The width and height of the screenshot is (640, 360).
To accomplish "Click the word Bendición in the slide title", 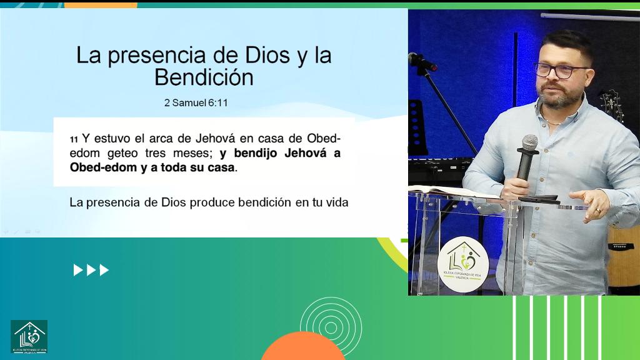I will pos(204,77).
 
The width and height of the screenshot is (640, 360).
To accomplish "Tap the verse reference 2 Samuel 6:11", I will pos(196,102).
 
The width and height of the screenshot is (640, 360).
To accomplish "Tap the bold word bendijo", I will pos(257,153).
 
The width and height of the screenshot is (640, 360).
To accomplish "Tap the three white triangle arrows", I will pos(91,270).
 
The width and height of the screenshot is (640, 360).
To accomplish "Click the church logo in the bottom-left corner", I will pos(29,337).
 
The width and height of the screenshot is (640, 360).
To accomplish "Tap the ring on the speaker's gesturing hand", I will pos(597,211).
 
